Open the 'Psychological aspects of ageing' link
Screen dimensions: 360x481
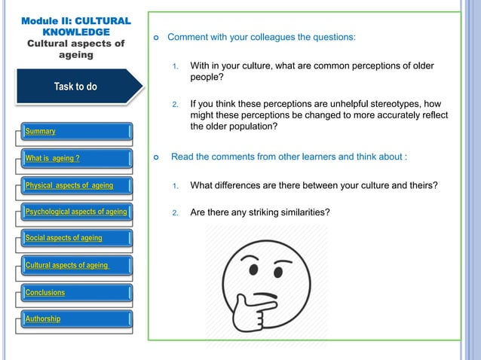coord(76,212)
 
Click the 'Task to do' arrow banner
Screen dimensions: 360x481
coord(75,87)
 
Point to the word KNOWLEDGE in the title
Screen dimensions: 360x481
coord(75,32)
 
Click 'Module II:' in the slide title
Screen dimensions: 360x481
coord(47,21)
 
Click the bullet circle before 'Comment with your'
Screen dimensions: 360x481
coord(155,37)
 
